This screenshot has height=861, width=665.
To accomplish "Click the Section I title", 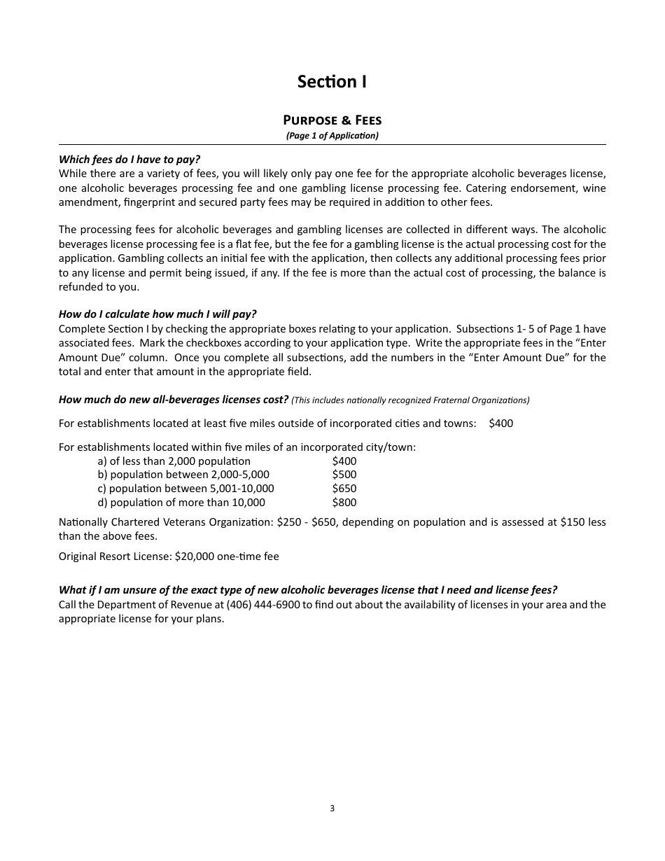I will click(x=332, y=82).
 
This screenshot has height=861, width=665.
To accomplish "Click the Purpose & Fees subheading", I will click(x=332, y=120).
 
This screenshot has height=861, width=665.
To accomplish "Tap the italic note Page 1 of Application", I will click(x=332, y=136).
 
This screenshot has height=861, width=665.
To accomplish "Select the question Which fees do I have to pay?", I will click(x=129, y=160).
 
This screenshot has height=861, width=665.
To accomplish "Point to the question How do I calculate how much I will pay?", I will click(x=157, y=314).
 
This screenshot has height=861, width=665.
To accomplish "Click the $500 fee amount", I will click(x=344, y=475).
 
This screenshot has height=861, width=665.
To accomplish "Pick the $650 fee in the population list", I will click(x=344, y=489).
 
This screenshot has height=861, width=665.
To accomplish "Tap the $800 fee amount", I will click(x=344, y=503).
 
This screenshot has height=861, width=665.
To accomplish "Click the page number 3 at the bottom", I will click(x=332, y=808).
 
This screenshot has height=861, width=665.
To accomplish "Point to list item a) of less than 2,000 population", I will click(x=174, y=461).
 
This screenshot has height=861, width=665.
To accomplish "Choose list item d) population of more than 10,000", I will click(x=181, y=503).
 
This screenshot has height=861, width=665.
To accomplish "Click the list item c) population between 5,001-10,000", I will click(x=186, y=489).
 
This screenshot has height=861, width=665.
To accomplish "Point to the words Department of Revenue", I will click(x=160, y=605).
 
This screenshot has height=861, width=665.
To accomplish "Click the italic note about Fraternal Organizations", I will click(x=410, y=400).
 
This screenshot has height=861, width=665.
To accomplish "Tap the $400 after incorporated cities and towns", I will click(x=501, y=423).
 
